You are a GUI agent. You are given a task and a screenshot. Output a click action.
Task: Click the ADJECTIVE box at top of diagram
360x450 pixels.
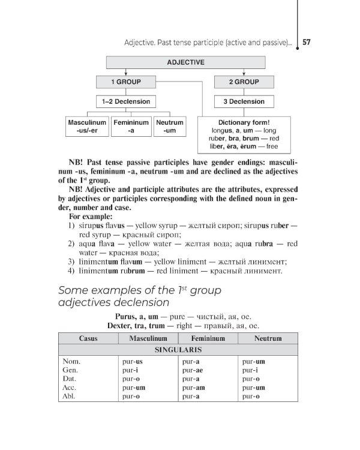click(185, 62)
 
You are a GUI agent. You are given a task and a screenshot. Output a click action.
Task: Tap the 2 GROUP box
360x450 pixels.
click(244, 82)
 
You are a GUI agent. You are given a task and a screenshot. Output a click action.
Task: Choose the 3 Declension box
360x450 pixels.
click(244, 101)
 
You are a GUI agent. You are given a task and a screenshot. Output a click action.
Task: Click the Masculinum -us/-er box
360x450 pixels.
click(87, 126)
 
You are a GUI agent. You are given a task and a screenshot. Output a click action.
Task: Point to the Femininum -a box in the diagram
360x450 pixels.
click(131, 126)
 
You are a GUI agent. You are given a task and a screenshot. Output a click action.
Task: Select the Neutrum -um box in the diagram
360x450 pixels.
click(170, 126)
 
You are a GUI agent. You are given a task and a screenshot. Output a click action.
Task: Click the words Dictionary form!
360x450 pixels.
click(244, 122)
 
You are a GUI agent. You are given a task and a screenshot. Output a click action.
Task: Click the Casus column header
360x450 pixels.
click(88, 338)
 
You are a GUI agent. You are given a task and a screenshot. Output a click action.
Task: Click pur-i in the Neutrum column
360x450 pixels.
click(250, 370)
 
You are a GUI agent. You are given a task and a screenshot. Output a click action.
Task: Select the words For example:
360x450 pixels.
click(90, 216)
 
